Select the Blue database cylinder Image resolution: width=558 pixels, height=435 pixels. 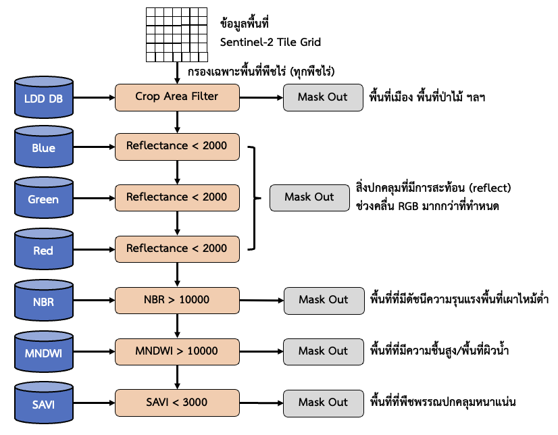click(44, 149)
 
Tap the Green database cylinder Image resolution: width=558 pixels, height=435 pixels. click(44, 200)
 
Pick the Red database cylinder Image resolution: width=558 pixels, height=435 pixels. click(44, 251)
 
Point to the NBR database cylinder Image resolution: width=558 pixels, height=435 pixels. click(44, 302)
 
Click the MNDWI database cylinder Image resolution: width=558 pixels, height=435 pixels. click(44, 353)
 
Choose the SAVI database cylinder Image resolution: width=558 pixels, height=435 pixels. click(44, 404)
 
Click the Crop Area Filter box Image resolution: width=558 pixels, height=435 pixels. click(177, 97)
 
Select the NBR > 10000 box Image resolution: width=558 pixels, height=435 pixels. click(177, 300)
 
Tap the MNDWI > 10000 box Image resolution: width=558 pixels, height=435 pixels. click(177, 351)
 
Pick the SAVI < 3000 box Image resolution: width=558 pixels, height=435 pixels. click(177, 403)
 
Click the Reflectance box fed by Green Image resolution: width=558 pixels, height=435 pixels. click(177, 197)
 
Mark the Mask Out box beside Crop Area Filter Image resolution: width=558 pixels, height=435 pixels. click(323, 97)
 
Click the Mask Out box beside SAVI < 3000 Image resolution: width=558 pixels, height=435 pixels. click(323, 403)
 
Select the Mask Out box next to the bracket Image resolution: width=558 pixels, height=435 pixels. click(309, 197)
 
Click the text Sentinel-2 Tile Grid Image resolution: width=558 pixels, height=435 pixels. click(270, 43)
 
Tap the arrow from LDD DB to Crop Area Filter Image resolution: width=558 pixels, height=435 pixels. click(94, 97)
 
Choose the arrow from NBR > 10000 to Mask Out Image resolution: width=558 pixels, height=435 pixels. click(261, 300)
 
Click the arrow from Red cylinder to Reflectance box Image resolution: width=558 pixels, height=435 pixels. click(94, 249)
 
